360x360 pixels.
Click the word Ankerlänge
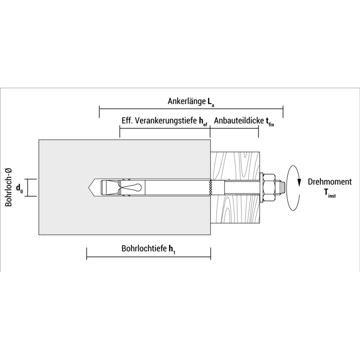click(186, 101)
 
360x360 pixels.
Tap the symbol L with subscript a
click(211, 102)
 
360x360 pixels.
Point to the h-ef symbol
click(203, 121)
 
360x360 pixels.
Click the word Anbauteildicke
click(239, 121)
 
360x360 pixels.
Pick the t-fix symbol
click(270, 121)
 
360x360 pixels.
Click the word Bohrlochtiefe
click(144, 248)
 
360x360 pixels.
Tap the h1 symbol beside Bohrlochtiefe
click(172, 249)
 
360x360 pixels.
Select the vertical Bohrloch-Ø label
click(9, 187)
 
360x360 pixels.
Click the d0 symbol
click(19, 189)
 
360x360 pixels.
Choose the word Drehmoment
click(330, 182)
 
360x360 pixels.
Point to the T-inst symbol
click(330, 193)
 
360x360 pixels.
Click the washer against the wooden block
click(261, 188)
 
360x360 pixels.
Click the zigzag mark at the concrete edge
click(211, 188)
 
